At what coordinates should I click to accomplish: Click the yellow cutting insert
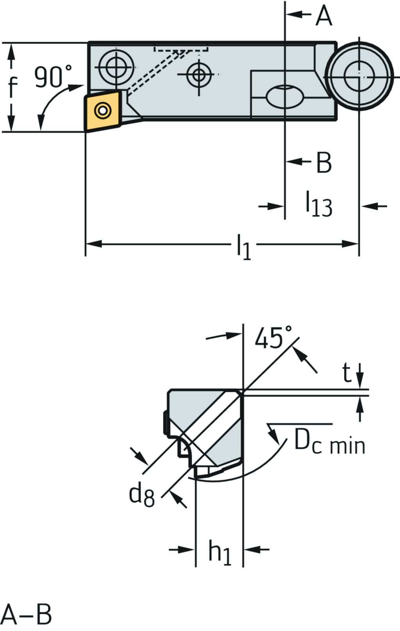click(x=102, y=111)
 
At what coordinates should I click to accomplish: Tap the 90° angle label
click(x=53, y=77)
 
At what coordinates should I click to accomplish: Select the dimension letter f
click(x=13, y=86)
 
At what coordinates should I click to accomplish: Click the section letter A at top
click(x=324, y=16)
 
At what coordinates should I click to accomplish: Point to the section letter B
click(x=324, y=162)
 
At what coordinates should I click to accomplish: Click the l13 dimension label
click(x=318, y=204)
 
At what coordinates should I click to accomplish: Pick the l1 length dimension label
click(x=243, y=247)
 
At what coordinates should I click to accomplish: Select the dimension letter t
click(x=346, y=373)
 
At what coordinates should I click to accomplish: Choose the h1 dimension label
click(x=220, y=552)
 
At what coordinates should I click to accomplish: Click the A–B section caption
click(x=27, y=615)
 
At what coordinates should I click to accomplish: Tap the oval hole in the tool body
click(x=285, y=95)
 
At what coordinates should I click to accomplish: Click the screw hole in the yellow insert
click(x=102, y=111)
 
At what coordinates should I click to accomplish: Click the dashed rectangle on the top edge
click(x=181, y=49)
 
